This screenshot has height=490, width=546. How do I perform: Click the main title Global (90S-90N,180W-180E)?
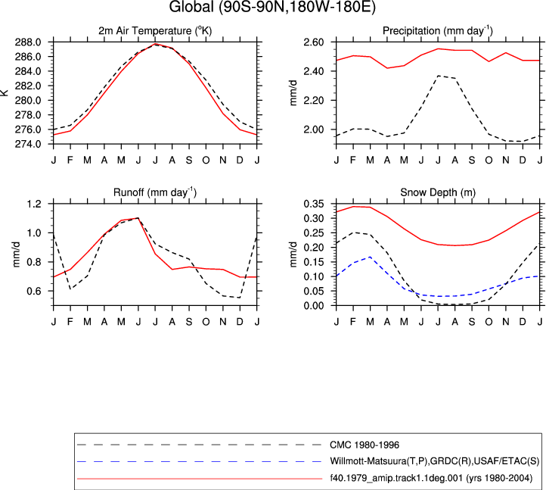pos(272,7)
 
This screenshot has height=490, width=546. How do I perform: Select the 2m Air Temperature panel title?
pos(155,31)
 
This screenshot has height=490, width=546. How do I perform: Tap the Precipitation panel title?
pos(438,31)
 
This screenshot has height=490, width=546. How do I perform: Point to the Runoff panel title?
pos(155,192)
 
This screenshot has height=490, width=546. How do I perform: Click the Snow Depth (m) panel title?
pos(438,192)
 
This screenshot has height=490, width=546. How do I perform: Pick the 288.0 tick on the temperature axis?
pos(28,42)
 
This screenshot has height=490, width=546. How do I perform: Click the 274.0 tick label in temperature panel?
pos(28,144)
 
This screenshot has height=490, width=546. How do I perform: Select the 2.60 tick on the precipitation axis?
pos(314,42)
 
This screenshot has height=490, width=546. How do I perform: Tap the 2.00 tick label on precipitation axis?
pos(314,130)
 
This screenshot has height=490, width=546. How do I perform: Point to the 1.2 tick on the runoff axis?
pos(34,204)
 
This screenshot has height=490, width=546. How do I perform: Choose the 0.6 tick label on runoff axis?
pos(34,291)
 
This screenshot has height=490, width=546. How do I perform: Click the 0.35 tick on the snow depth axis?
pos(314,204)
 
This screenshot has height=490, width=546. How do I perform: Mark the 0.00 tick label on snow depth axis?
pos(314,305)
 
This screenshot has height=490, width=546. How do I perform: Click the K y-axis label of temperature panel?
pos(5,92)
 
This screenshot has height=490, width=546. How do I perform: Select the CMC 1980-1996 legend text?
pos(365,445)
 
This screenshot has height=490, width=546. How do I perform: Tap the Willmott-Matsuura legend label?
pos(435,461)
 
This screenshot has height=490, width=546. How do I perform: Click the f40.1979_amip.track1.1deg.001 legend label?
pos(432,478)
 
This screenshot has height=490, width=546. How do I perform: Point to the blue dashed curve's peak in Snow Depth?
pos(370,257)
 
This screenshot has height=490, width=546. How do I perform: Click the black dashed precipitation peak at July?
pos(438,76)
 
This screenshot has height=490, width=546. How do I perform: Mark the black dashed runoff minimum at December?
pos(240,298)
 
